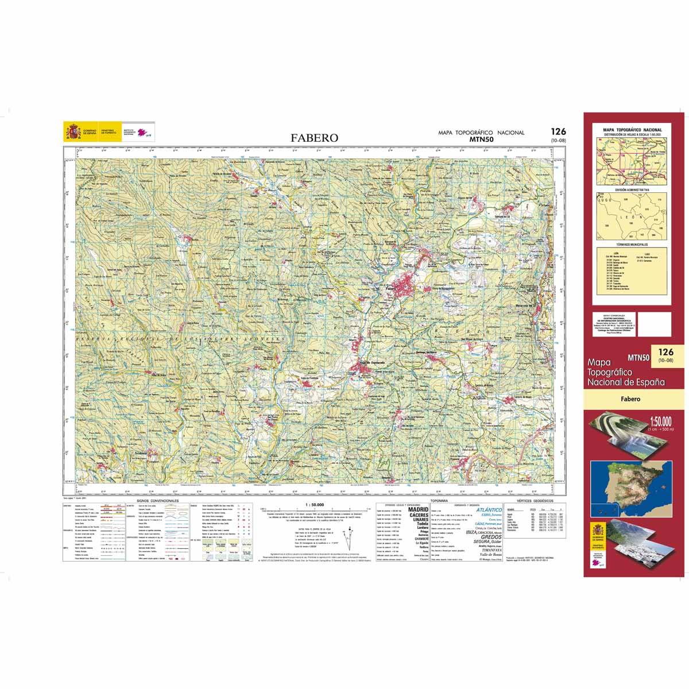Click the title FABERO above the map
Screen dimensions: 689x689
click(x=314, y=138)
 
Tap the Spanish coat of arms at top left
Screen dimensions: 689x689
click(x=72, y=133)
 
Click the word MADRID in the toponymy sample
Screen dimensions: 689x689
click(x=417, y=509)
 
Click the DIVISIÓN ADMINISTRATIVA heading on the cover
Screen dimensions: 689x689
click(x=632, y=189)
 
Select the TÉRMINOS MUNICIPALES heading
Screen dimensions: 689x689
click(x=632, y=243)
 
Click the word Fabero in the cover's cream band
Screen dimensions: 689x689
click(x=631, y=399)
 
